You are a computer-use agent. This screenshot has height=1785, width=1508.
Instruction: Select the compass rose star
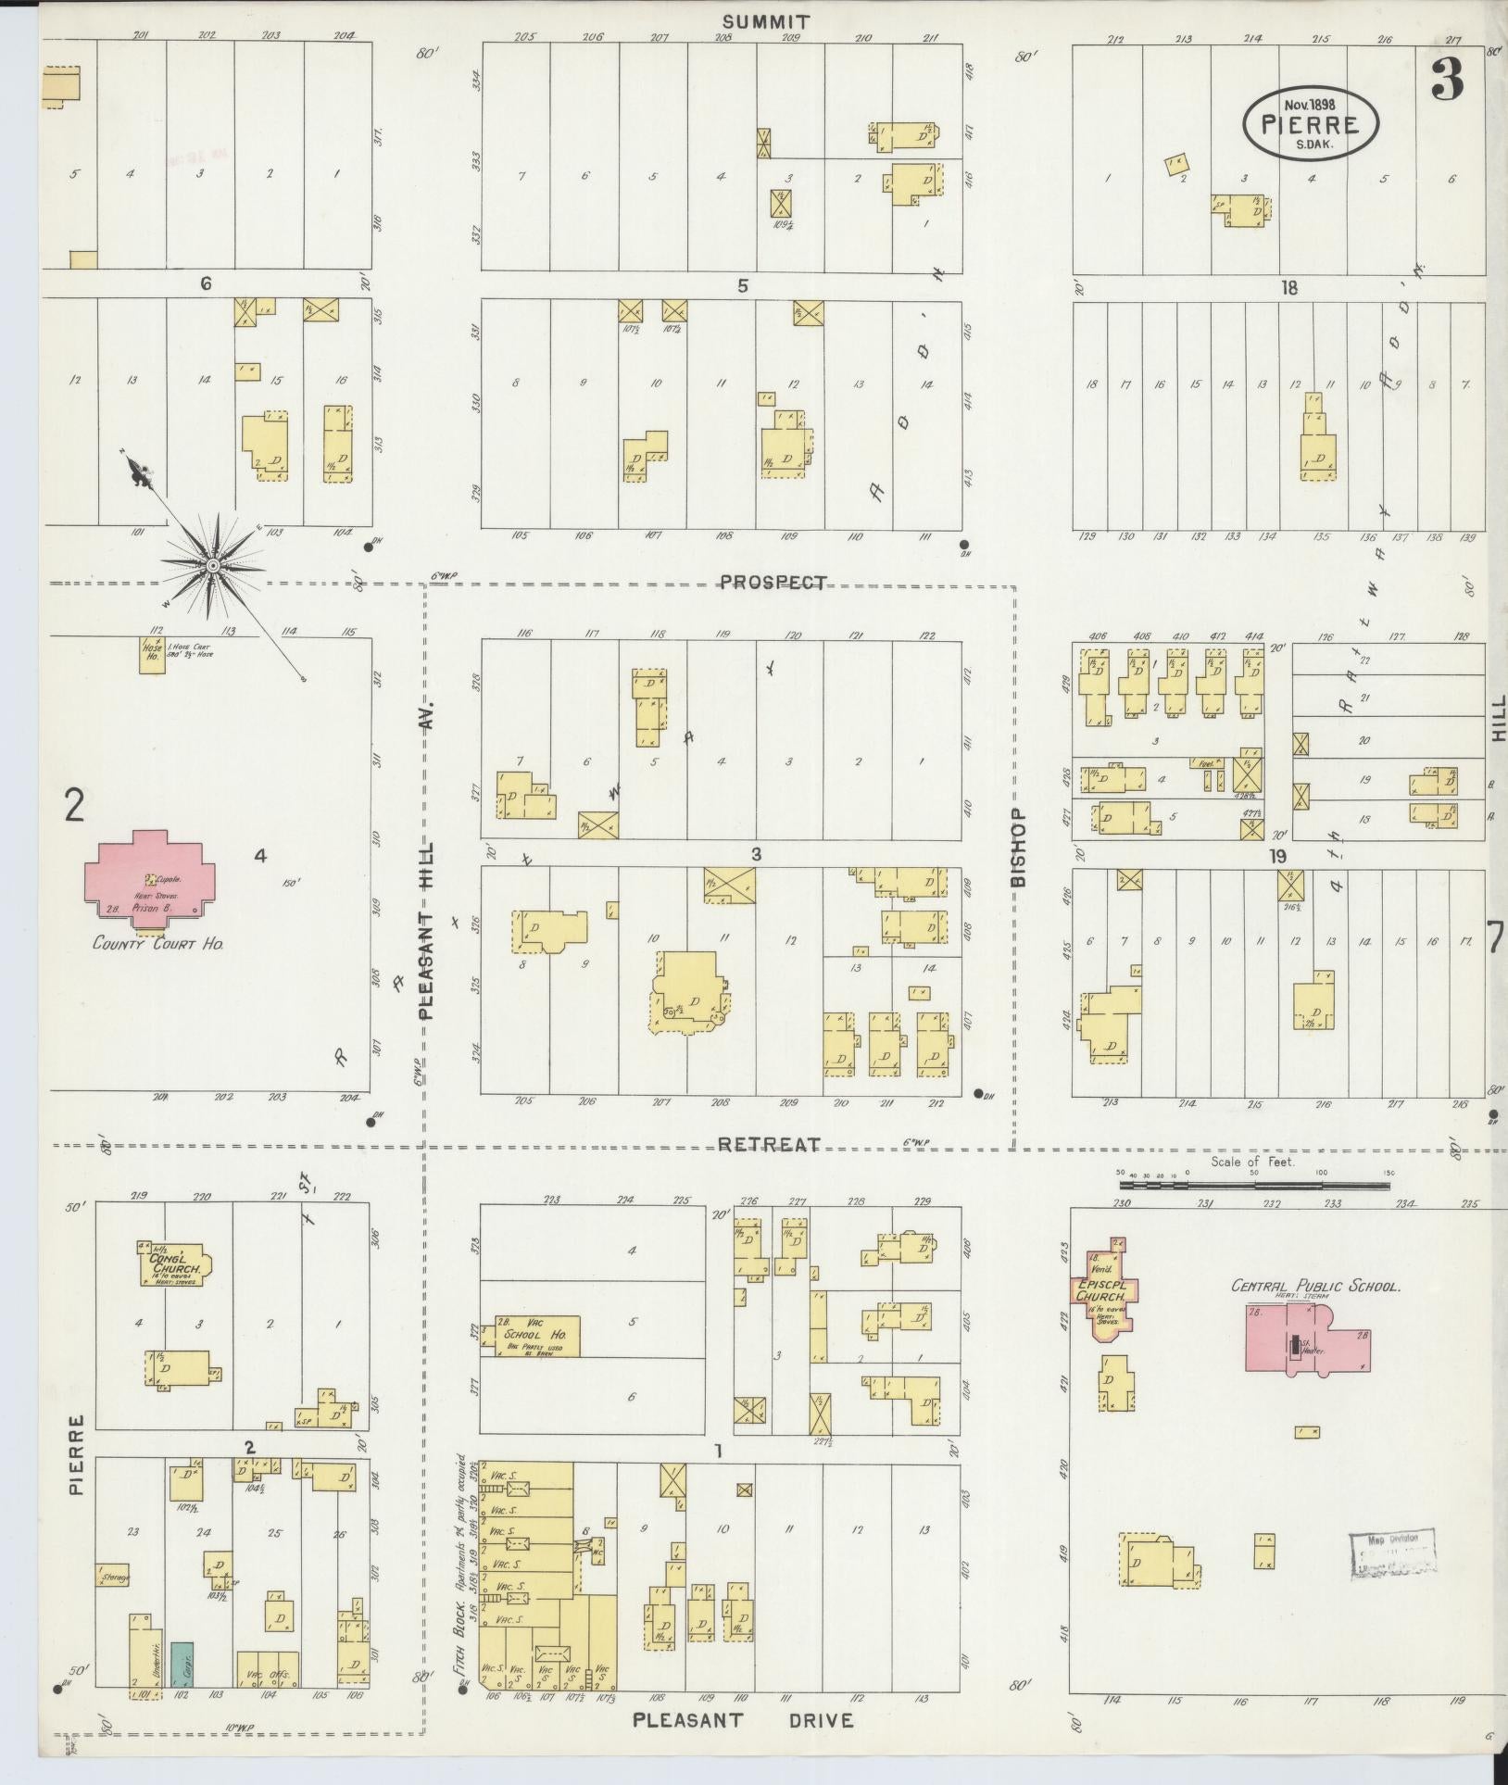point(212,564)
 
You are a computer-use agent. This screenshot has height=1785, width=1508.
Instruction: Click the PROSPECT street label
point(773,583)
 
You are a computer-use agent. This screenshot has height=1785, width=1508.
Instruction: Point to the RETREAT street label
point(769,1145)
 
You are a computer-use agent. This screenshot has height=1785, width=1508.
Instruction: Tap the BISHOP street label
point(1019,847)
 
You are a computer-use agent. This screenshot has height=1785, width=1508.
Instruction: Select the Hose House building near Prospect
point(152,655)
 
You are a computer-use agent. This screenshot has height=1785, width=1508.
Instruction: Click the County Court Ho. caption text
point(158,943)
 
